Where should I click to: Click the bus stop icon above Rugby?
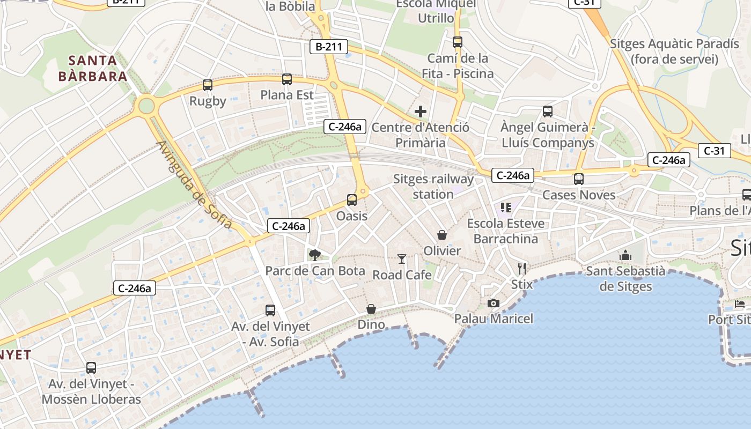tap(208, 85)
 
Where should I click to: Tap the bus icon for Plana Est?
tap(287, 79)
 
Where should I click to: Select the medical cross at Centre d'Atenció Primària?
tap(421, 112)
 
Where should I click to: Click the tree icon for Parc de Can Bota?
tap(314, 255)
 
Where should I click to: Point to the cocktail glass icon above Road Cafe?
tap(402, 259)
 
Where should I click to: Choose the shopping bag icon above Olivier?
tap(442, 234)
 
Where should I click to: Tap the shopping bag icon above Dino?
tap(371, 309)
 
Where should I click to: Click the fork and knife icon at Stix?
tap(522, 268)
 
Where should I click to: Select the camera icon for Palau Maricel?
tap(494, 303)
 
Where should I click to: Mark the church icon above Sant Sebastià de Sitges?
tap(625, 255)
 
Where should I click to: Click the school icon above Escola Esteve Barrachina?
tap(505, 207)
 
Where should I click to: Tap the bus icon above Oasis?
tap(352, 200)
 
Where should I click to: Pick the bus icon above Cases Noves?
tap(579, 179)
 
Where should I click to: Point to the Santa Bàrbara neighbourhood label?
tap(93, 68)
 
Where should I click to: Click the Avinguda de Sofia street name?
tap(195, 185)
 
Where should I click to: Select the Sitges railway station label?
tap(433, 186)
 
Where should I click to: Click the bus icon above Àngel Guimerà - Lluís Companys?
tap(548, 112)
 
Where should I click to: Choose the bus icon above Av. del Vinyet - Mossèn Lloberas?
tap(91, 368)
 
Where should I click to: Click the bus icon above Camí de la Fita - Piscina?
tap(458, 42)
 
